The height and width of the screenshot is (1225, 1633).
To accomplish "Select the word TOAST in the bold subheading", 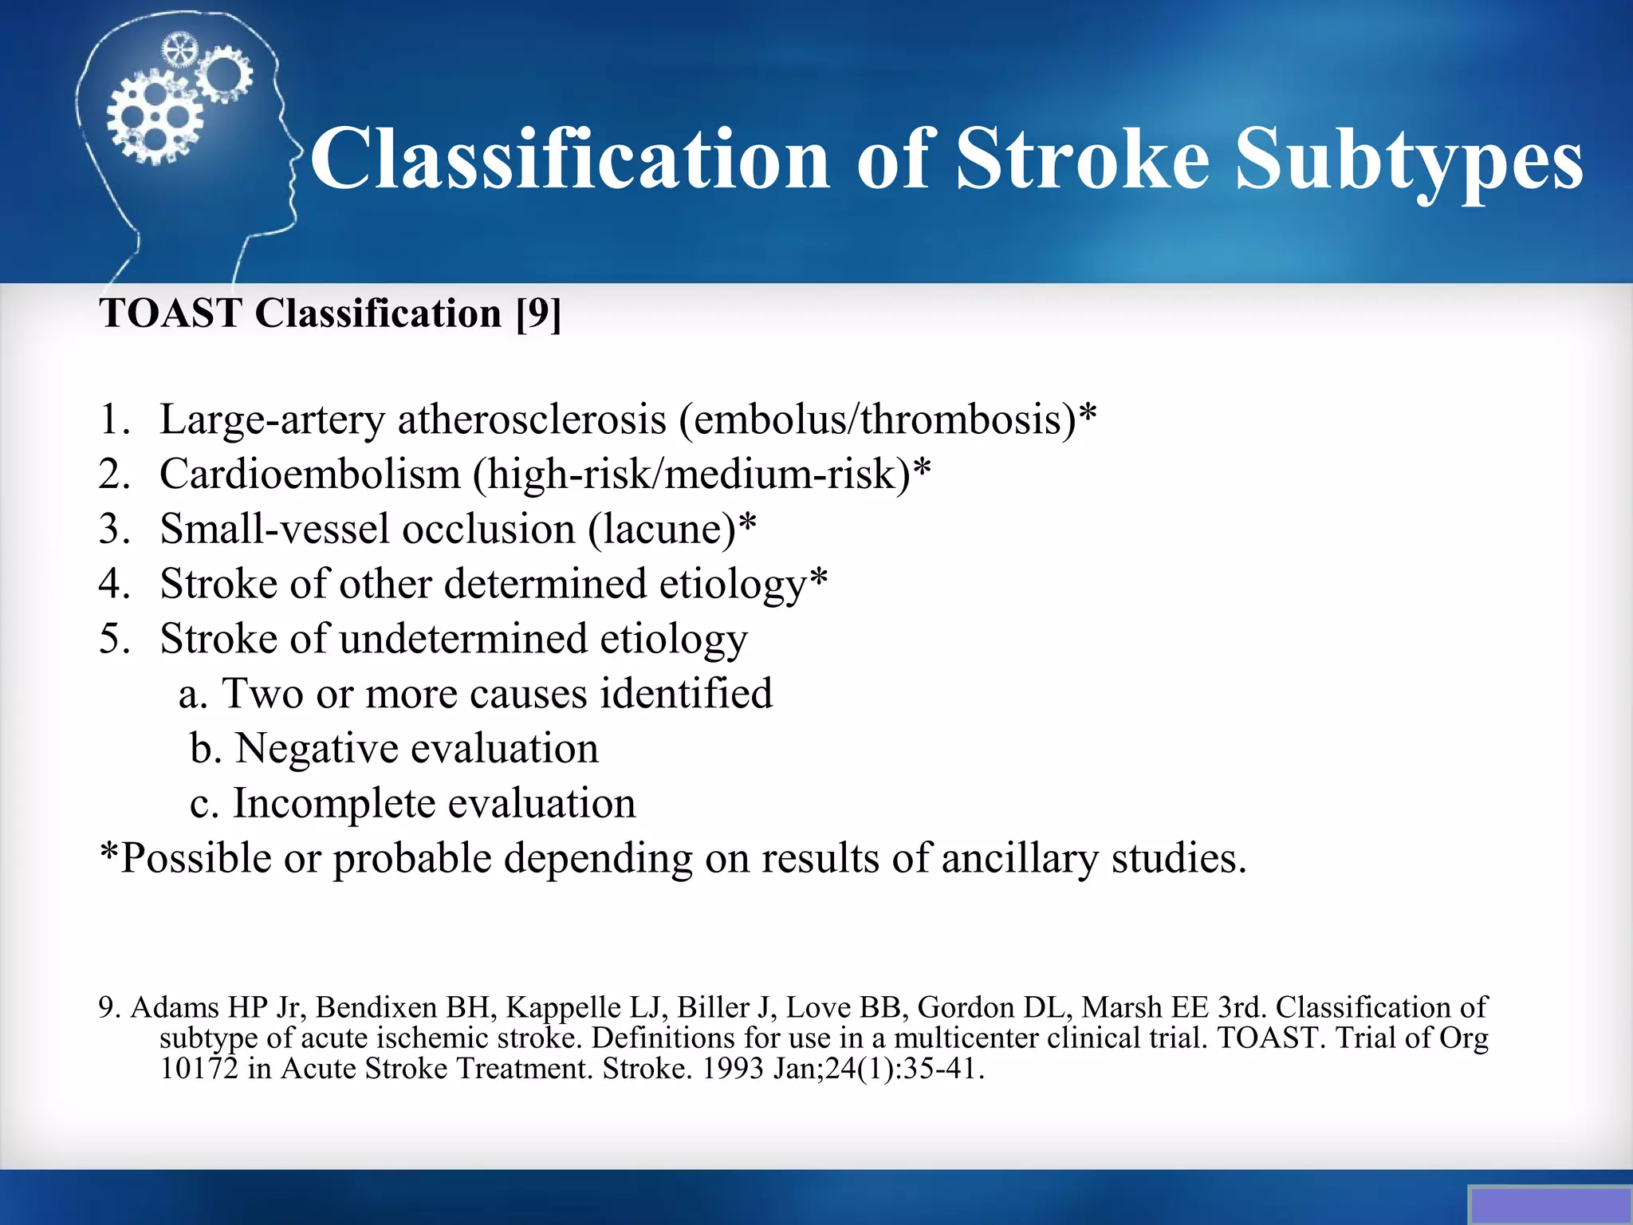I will tap(170, 313).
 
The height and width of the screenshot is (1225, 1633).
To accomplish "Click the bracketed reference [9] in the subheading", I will tap(538, 313).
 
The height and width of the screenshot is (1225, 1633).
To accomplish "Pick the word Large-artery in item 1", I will tap(272, 420).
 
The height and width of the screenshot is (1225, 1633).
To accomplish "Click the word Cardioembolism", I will tap(310, 475).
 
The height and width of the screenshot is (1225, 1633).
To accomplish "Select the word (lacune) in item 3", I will tap(663, 530).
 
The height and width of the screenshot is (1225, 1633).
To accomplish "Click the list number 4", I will tap(112, 584).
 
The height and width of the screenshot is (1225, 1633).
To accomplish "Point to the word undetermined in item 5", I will tap(465, 639).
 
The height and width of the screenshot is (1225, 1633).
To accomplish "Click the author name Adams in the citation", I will tap(175, 1007).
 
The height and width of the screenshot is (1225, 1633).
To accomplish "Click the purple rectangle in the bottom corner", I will tap(1550, 1204).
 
